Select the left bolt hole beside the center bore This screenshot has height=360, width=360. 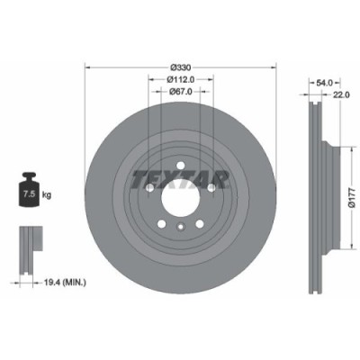point(150,188)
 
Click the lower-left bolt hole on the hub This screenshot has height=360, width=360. point(162,225)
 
